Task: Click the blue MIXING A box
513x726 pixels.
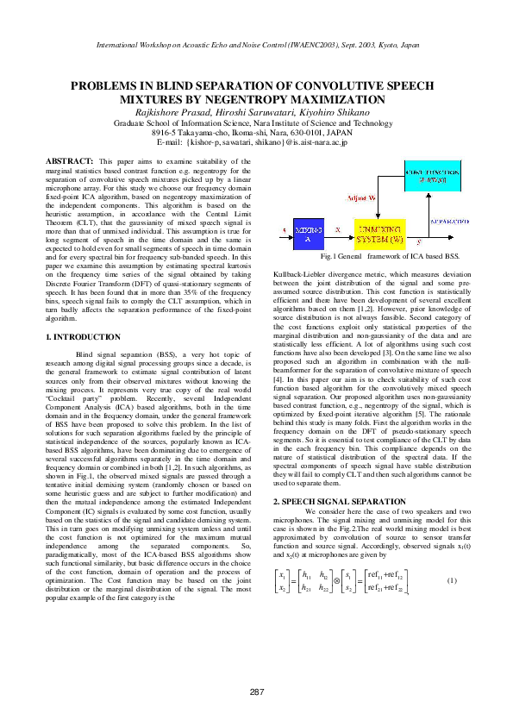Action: click(x=308, y=235)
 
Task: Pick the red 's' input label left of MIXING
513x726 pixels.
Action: click(x=285, y=229)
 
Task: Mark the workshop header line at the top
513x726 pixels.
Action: click(x=256, y=41)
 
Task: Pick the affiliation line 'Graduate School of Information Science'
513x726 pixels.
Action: click(x=256, y=122)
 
